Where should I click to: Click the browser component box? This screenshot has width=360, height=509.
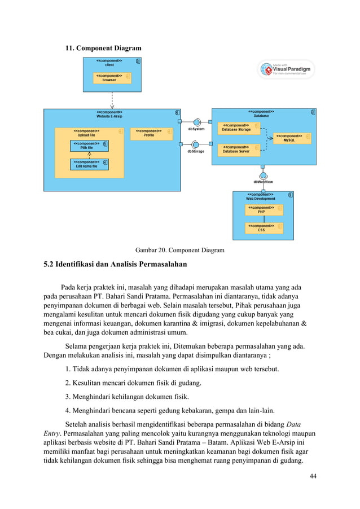(x=112, y=78)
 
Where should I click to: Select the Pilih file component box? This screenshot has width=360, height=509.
(x=89, y=146)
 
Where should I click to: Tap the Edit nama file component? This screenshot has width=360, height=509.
(x=89, y=164)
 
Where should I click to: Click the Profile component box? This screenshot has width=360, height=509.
(x=151, y=134)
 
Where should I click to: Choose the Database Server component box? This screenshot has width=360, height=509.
(x=239, y=149)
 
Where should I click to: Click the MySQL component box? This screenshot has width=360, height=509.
(x=291, y=138)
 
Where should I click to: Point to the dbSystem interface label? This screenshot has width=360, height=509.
(x=196, y=129)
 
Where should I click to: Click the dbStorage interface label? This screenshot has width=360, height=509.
(x=196, y=151)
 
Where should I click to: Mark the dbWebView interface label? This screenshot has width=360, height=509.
(x=262, y=182)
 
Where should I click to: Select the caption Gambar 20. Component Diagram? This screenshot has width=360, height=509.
(x=179, y=249)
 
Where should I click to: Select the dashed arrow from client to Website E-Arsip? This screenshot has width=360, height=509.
(x=112, y=100)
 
